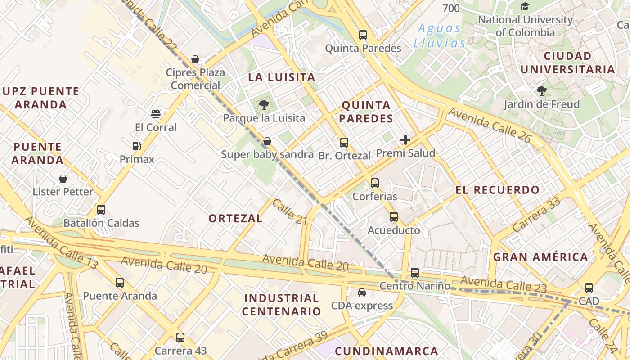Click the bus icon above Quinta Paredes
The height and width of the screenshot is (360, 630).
click(x=363, y=35)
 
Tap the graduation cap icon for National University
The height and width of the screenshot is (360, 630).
click(x=525, y=6)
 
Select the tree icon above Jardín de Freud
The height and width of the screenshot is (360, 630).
click(x=542, y=91)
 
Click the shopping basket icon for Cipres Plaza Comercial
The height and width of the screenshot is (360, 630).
click(x=195, y=59)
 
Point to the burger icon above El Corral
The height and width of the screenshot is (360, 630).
click(x=156, y=114)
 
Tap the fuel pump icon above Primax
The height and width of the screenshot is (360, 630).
click(x=137, y=146)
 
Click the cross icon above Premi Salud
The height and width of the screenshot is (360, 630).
click(x=405, y=140)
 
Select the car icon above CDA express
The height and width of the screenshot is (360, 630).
click(x=362, y=292)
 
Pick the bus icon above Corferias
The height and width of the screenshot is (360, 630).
click(x=374, y=183)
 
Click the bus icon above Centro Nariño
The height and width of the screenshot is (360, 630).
click(x=415, y=272)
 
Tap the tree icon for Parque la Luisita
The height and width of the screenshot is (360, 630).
click(x=264, y=105)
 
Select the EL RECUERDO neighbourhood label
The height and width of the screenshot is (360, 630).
click(x=497, y=190)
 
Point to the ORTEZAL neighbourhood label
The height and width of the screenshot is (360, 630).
click(x=235, y=219)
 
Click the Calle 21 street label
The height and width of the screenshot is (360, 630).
click(x=289, y=211)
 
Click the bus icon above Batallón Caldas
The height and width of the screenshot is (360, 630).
click(x=101, y=210)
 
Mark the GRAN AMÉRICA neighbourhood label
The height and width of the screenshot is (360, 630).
click(x=540, y=257)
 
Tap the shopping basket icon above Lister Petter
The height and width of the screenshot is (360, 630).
click(x=63, y=179)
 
